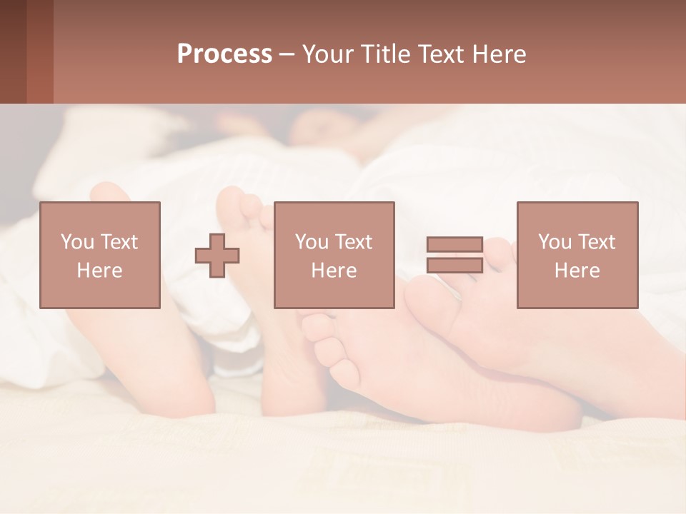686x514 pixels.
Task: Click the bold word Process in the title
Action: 224,54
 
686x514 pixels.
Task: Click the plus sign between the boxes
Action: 217,255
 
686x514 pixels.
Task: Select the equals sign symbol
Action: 454,255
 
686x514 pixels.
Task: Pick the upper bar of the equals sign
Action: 454,245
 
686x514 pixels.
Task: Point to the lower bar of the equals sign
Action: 454,265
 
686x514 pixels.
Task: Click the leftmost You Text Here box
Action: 100,255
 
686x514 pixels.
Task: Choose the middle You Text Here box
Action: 334,255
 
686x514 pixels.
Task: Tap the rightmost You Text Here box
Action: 577,255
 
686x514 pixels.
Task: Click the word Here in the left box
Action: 100,271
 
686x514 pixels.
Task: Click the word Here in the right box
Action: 577,271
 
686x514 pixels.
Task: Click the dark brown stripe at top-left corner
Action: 13,51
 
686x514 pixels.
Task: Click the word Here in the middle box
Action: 334,271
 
